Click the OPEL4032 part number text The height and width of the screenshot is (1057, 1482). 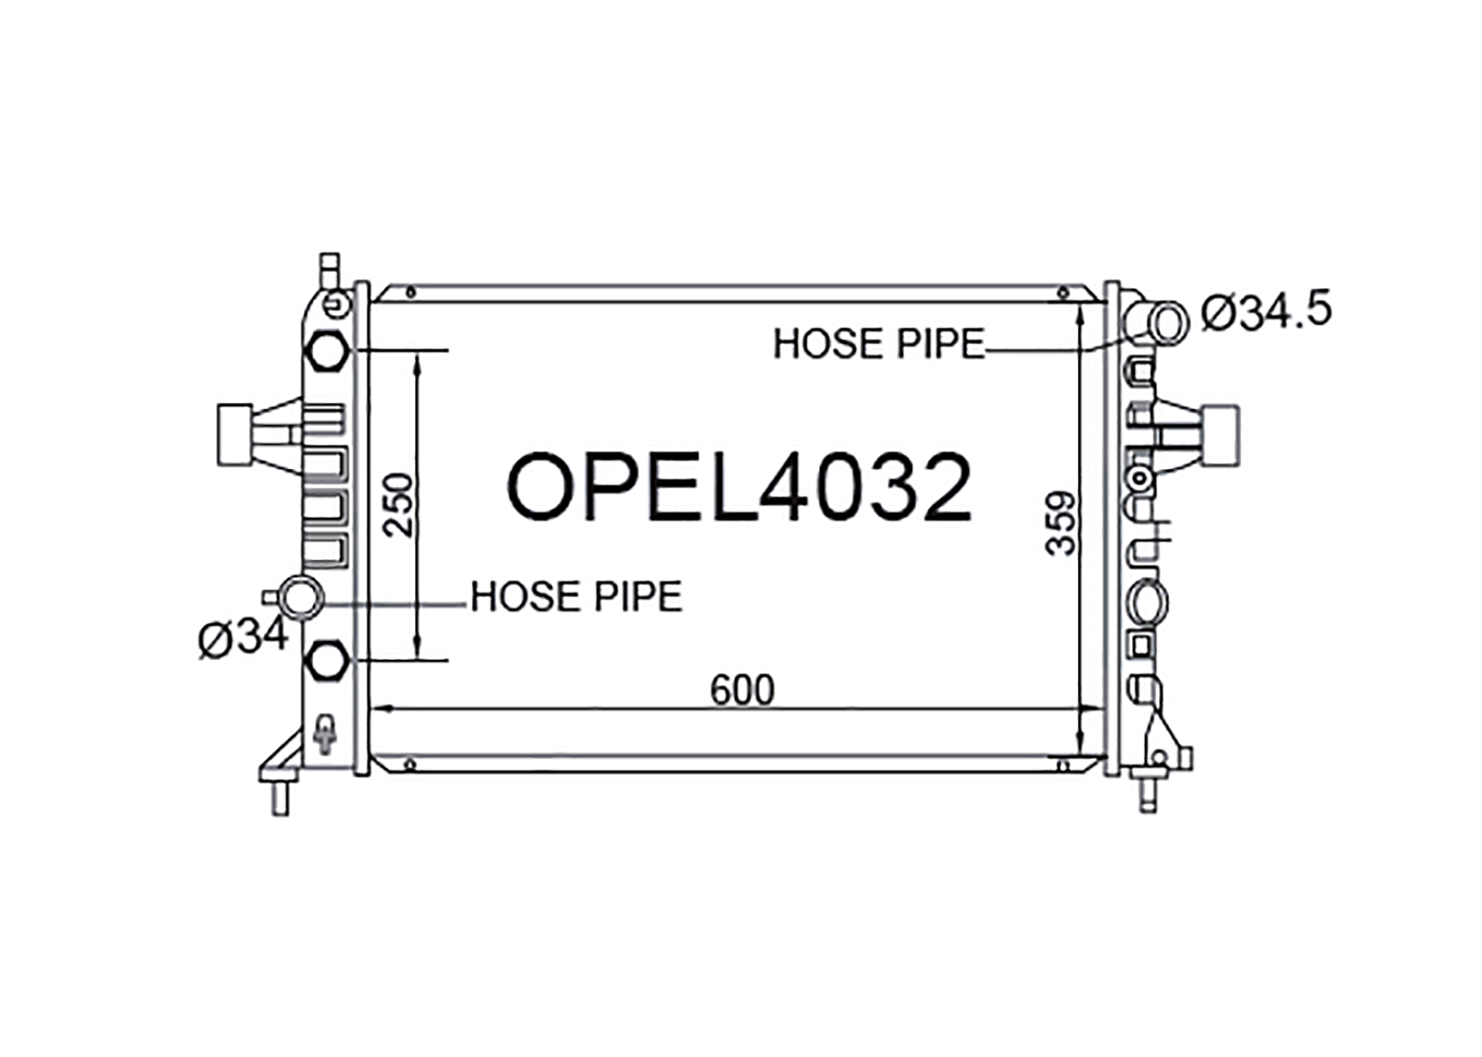pos(739,486)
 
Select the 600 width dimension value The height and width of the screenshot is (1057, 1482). pos(742,691)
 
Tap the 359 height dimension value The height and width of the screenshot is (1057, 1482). pos(1061,523)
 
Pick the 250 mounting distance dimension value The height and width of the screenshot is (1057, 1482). pos(399,505)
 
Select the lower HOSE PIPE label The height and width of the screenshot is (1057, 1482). pos(576,597)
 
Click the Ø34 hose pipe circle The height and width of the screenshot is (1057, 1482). pos(301,598)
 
